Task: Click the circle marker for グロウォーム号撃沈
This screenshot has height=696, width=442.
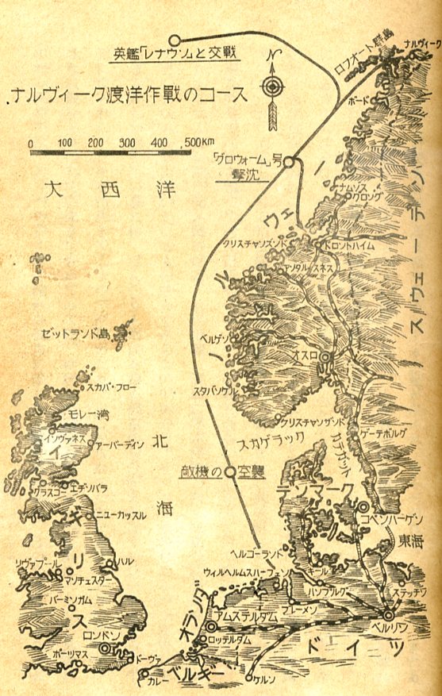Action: click(290, 162)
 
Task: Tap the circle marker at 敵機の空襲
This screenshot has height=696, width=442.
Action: click(229, 471)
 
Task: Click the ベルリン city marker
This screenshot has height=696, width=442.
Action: click(388, 614)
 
